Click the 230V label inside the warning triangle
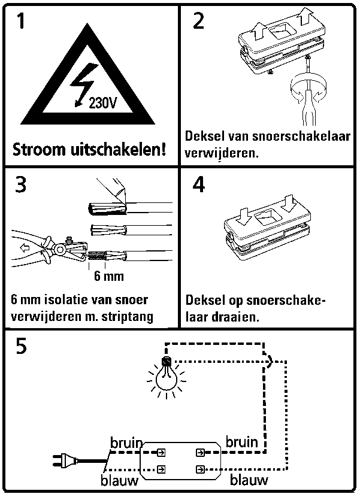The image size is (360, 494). pos(103,102)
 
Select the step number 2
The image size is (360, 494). pos(199,21)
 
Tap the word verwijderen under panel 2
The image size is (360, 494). pos(221,153)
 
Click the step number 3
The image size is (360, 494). pos(20,184)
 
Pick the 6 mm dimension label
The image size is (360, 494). pos(109,276)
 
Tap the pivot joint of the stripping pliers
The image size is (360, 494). pos(59,250)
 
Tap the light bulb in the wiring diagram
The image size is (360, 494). pos(167,377)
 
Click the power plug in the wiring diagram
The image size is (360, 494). pos(65,460)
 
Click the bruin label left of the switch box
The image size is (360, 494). pos(126,443)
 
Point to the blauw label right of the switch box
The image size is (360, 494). pos(249,480)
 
